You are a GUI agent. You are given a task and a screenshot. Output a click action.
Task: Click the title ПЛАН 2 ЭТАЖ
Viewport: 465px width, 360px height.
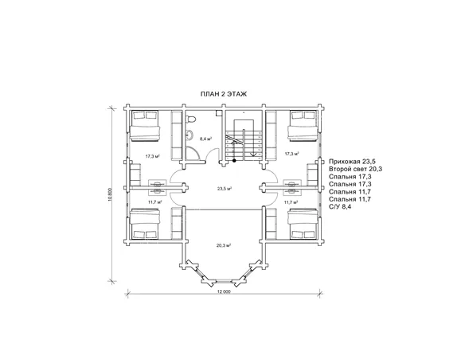coord(224,94)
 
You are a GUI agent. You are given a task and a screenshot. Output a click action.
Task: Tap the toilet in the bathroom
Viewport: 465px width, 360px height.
coord(190,119)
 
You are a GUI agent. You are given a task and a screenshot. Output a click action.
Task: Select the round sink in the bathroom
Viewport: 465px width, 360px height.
coord(190,135)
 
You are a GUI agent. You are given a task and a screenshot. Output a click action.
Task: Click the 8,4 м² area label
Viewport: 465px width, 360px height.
coord(205,139)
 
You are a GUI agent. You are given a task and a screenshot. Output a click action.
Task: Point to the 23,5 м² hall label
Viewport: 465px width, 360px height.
coord(225,188)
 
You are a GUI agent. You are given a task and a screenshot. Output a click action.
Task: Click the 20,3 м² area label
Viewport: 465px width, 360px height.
coord(224,245)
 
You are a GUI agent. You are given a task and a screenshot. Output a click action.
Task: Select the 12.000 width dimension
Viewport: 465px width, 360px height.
coord(224,292)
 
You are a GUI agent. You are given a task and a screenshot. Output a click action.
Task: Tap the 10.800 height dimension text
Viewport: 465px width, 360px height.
coord(110,195)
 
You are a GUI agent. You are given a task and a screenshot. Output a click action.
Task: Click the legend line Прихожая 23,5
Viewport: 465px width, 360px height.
coord(352,162)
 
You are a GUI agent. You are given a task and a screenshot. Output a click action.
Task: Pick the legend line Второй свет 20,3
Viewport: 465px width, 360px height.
coord(356,169)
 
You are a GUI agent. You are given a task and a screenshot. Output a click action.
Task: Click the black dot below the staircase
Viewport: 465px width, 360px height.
coord(234,161)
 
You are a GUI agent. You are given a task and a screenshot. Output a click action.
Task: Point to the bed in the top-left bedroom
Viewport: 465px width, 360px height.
coord(144,125)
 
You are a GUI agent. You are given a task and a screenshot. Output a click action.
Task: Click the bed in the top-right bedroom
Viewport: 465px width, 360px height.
coord(303,125)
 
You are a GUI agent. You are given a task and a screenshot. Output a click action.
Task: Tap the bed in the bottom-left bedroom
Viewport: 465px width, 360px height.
coord(144,224)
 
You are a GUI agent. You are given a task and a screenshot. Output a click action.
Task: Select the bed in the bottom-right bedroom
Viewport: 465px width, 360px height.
coord(303,224)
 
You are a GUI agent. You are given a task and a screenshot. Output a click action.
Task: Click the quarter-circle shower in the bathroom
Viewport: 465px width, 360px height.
coord(193,154)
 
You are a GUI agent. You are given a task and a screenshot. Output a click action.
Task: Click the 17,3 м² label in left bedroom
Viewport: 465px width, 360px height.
coord(153,156)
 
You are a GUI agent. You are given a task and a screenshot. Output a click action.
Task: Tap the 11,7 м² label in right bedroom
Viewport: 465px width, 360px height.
coord(291,202)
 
